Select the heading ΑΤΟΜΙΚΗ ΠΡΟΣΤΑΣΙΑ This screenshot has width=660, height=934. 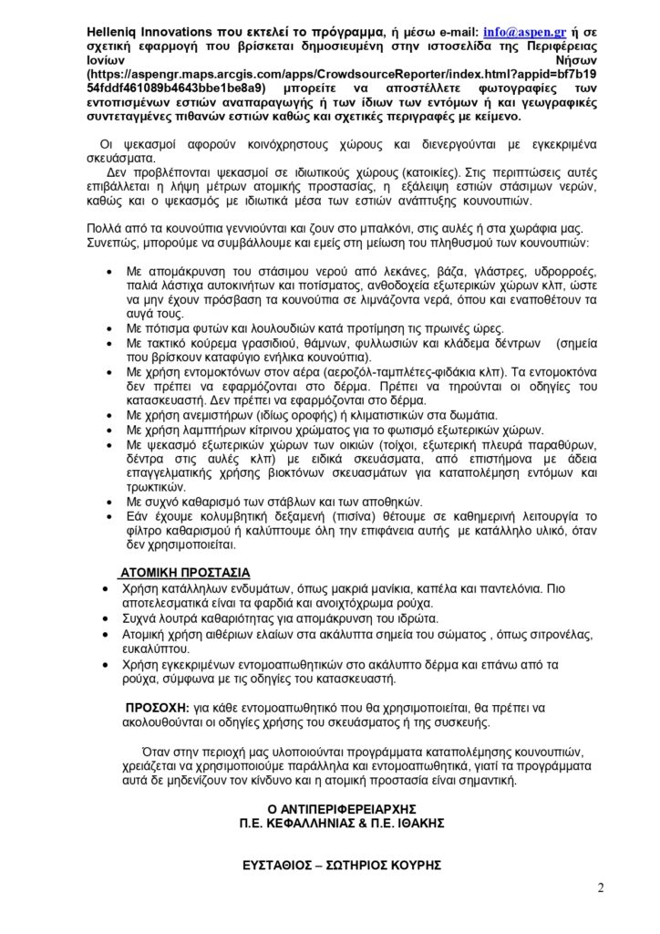pyautogui.click(x=185, y=573)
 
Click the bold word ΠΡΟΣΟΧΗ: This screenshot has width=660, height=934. pyautogui.click(x=157, y=708)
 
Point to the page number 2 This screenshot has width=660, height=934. pyautogui.click(x=601, y=887)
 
